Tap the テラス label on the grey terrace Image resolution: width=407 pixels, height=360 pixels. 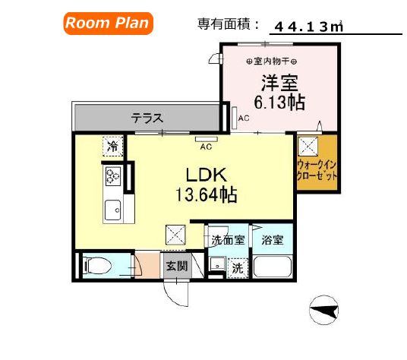click(x=147, y=118)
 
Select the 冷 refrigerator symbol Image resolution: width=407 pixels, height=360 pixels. click(x=112, y=144)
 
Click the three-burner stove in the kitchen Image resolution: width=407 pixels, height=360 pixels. click(x=112, y=175)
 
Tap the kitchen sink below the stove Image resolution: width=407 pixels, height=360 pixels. click(x=113, y=207)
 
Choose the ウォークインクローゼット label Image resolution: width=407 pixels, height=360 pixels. click(x=316, y=168)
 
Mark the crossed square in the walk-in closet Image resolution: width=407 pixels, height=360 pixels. click(x=308, y=145)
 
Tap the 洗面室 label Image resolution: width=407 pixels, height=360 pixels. click(x=228, y=241)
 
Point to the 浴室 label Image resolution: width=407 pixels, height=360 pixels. click(x=273, y=241)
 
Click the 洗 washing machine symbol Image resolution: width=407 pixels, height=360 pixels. click(x=237, y=267)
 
